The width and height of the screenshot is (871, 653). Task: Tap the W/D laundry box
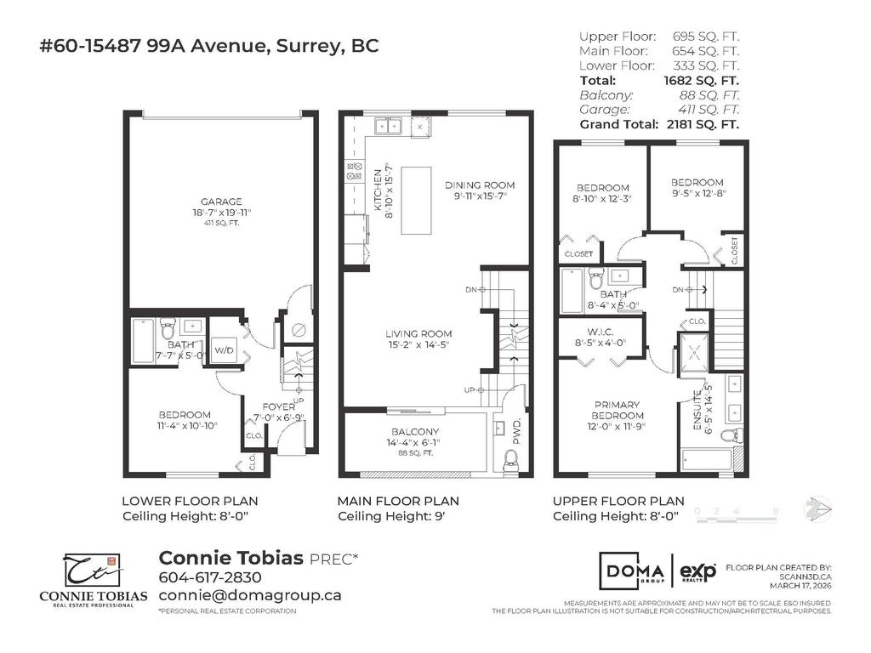(224, 349)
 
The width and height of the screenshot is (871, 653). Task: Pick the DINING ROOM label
(480, 185)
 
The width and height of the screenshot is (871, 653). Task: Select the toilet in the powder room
(511, 460)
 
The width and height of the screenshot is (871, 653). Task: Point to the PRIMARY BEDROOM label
(618, 410)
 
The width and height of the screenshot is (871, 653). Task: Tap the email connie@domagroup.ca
(250, 595)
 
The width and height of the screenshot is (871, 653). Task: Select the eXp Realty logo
(697, 570)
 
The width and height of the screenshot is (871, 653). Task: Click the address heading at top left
(209, 46)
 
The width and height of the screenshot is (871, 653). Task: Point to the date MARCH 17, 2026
(800, 585)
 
